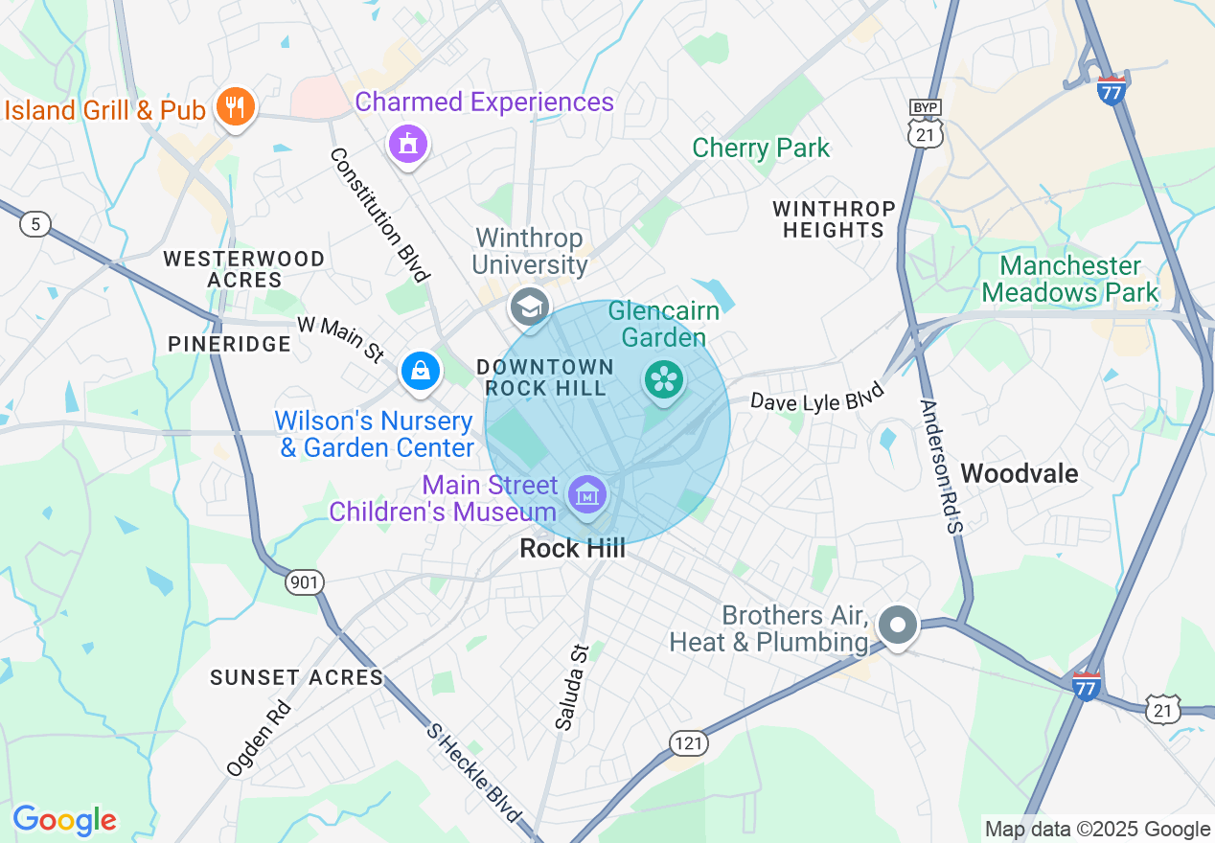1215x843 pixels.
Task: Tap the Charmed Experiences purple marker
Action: click(x=408, y=144)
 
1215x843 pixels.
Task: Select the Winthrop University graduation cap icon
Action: click(x=529, y=307)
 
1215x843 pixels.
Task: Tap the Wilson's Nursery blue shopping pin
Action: click(x=420, y=371)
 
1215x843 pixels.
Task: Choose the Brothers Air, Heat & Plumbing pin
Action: click(x=898, y=626)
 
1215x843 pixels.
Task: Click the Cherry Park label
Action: click(x=761, y=148)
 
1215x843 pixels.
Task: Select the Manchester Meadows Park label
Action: click(x=1070, y=279)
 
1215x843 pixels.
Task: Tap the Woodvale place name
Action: click(x=1019, y=473)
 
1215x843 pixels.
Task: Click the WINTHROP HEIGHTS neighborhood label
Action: click(x=834, y=219)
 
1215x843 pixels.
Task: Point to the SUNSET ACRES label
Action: click(x=297, y=677)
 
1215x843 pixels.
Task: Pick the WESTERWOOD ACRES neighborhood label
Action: click(x=243, y=269)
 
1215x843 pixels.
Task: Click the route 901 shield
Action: click(x=305, y=581)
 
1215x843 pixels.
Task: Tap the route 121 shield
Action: click(x=688, y=743)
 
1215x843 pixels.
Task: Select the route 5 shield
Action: click(x=35, y=225)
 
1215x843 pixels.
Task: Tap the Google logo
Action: click(x=64, y=820)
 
